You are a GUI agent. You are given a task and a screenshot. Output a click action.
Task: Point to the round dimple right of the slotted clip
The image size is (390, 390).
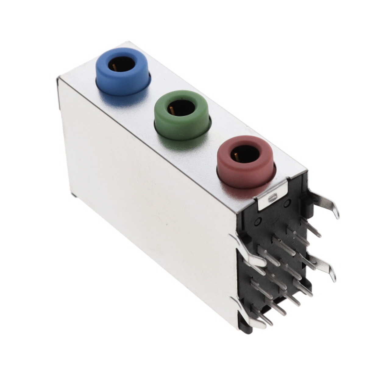[x=287, y=203]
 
